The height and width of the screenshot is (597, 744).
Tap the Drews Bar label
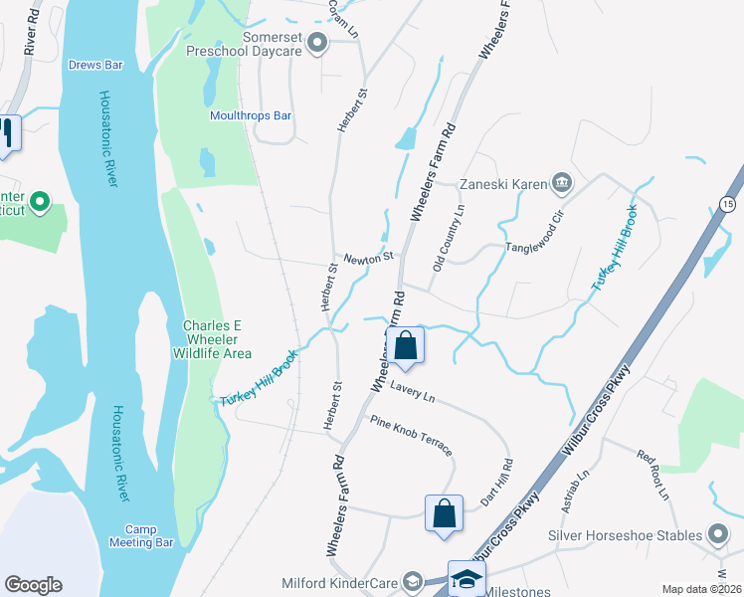(95, 65)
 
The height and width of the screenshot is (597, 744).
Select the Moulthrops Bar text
(251, 115)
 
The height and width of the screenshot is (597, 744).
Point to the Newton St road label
(369, 259)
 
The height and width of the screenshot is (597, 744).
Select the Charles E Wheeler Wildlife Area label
(217, 339)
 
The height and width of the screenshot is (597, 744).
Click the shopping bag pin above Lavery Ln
(406, 347)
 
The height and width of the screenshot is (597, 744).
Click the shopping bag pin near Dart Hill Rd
(445, 514)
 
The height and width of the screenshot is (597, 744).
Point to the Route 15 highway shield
(727, 204)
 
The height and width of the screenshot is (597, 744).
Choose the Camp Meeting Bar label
(149, 535)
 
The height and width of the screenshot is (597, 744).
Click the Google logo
(33, 585)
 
